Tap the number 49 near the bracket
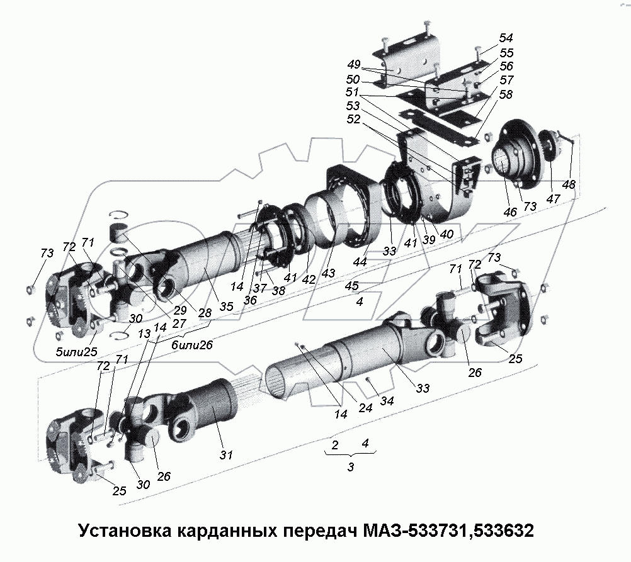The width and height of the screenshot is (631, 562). point(353,65)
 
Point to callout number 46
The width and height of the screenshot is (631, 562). point(509,212)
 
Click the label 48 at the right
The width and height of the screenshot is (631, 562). point(569,184)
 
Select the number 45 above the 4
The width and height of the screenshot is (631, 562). point(353,286)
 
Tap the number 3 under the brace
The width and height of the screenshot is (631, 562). point(350,467)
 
